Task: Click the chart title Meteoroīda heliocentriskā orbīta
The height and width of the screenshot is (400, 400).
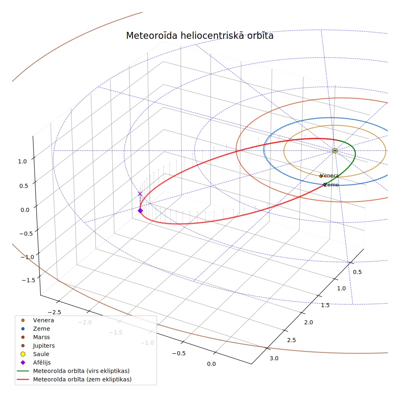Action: tap(200, 35)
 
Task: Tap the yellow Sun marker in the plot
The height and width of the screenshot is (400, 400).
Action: tap(335, 150)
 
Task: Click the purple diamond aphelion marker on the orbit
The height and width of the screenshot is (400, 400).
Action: tap(140, 211)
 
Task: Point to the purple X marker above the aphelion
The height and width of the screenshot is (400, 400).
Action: tap(140, 194)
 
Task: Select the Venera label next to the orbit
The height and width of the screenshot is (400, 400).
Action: tap(329, 176)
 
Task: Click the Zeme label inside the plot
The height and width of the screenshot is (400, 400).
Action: tap(331, 185)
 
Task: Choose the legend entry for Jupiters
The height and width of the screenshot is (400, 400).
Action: tap(38, 346)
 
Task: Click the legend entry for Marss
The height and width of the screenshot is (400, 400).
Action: tap(36, 337)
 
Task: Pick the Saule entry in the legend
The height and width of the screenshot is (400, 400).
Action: tap(35, 354)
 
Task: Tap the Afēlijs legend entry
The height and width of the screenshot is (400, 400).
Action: tap(36, 363)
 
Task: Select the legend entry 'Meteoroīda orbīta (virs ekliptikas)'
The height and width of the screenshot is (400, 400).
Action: tap(73, 371)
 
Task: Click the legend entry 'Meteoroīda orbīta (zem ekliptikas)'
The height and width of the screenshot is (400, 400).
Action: tap(74, 379)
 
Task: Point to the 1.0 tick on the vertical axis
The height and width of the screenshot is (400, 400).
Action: tap(22, 161)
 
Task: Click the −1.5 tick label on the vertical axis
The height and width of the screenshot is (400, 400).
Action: tap(28, 280)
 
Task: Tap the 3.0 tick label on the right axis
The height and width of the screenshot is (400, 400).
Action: tap(274, 359)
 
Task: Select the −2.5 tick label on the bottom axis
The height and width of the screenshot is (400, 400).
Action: tap(54, 312)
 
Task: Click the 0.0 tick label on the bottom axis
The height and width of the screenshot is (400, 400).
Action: tap(211, 364)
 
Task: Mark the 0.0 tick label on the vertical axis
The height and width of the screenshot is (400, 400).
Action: tap(25, 210)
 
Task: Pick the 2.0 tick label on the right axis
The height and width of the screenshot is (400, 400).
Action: tap(309, 322)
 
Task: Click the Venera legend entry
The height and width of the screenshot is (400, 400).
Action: tap(37, 320)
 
